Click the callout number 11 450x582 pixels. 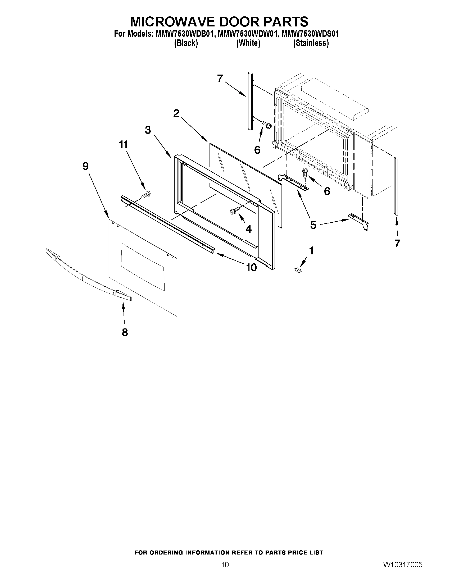(x=123, y=145)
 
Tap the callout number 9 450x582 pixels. (x=85, y=166)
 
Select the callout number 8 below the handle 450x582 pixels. (x=125, y=332)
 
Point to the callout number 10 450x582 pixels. (x=251, y=267)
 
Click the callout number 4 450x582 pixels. (x=248, y=229)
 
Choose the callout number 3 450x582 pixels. (x=148, y=130)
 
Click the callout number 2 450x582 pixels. (x=176, y=113)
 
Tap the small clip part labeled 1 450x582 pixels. (x=297, y=270)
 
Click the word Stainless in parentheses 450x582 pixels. (x=311, y=43)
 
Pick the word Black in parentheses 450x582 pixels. (x=186, y=43)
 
